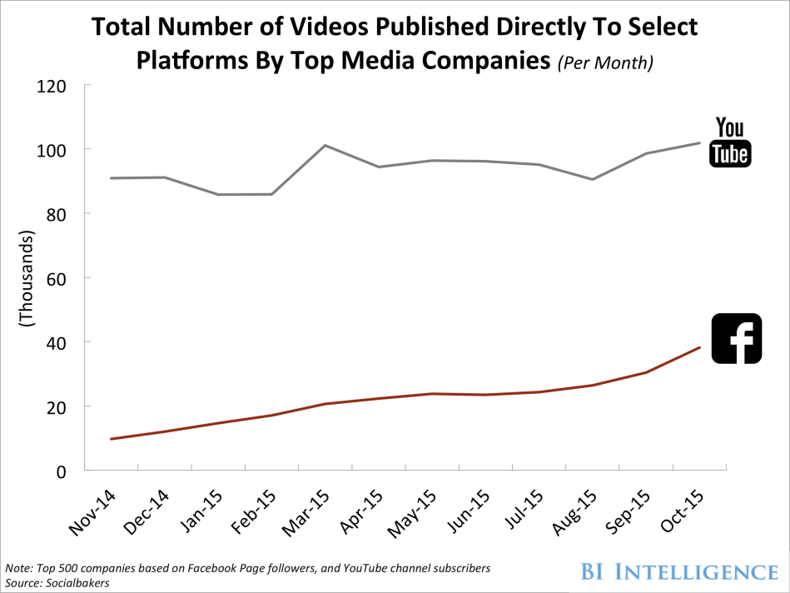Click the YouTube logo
point(729,142)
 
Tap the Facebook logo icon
point(737,338)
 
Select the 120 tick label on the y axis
point(52,86)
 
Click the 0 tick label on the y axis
point(62,471)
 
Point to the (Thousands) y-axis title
point(26,279)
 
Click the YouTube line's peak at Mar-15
point(324,146)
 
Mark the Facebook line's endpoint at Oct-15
point(699,347)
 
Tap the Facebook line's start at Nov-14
point(111,439)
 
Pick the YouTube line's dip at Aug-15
point(592,179)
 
